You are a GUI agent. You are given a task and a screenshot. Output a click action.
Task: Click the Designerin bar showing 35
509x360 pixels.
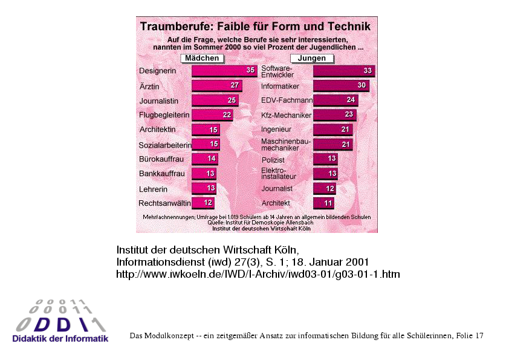[224, 71]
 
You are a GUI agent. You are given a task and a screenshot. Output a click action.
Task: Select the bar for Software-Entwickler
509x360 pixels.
[344, 71]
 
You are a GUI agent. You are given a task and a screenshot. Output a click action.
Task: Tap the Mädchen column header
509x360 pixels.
[202, 58]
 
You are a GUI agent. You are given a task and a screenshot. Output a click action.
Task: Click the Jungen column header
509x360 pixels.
[312, 58]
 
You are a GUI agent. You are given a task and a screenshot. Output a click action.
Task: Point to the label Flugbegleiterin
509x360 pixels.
[164, 115]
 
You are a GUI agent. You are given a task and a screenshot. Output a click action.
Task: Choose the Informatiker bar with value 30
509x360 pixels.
[341, 86]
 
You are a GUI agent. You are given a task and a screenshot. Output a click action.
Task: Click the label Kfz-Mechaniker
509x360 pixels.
[286, 115]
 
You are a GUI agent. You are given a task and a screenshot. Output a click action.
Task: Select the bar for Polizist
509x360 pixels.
[325, 159]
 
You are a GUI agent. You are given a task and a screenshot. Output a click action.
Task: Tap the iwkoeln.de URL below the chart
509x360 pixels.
[258, 274]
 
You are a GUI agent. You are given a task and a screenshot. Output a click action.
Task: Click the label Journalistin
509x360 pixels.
[160, 100]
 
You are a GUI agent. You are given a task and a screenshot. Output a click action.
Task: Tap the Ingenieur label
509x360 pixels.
[276, 129]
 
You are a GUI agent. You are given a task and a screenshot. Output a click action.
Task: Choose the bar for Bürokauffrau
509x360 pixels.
[205, 159]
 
